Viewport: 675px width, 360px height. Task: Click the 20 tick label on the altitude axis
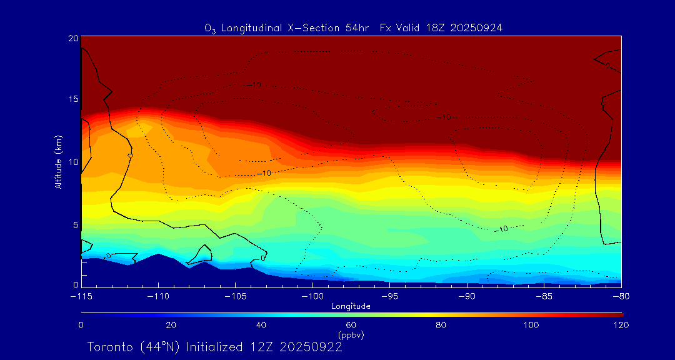tap(73, 38)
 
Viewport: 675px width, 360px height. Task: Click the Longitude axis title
tap(351, 306)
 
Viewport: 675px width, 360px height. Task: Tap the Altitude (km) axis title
tap(59, 162)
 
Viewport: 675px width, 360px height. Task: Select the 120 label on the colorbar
tap(621, 325)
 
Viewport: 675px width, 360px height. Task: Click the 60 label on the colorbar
tap(351, 325)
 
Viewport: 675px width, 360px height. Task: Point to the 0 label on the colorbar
tap(81, 325)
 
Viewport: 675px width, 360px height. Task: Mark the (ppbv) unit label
tap(351, 335)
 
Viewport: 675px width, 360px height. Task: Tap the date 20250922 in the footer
tap(311, 347)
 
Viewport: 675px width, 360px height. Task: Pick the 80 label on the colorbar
tap(441, 325)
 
